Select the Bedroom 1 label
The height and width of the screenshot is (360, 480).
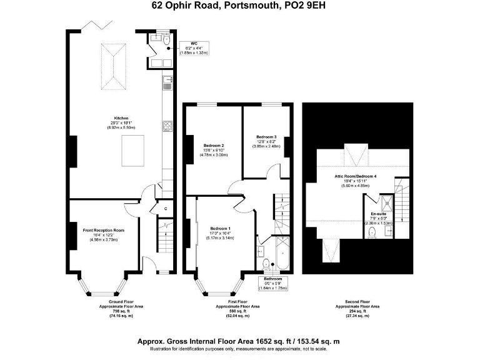click(220, 228)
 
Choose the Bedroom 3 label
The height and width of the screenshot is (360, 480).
click(266, 137)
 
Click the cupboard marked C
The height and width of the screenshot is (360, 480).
click(166, 209)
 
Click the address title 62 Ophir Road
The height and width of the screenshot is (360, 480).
click(240, 6)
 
